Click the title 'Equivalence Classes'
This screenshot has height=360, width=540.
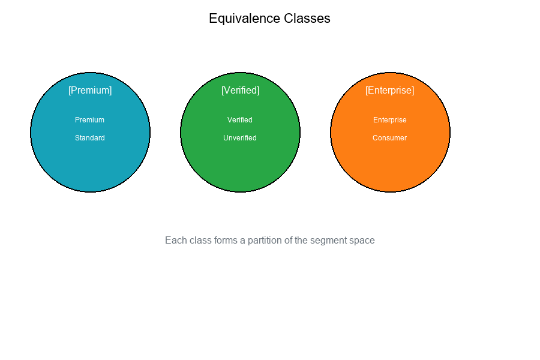pos(269,19)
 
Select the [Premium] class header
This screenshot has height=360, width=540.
pos(90,90)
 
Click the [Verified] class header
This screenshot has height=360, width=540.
pos(240,90)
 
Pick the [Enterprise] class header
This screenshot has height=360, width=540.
pos(390,90)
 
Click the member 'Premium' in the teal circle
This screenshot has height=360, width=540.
pos(89,120)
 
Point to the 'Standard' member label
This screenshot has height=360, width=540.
pos(90,138)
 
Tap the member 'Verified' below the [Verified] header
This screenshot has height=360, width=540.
pos(240,120)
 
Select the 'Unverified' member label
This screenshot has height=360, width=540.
pos(240,138)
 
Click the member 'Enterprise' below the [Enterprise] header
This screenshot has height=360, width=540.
pos(390,120)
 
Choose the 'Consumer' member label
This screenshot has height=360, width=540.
pos(390,138)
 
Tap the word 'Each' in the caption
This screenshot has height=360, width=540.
pos(175,240)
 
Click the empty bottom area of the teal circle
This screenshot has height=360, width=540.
pos(90,171)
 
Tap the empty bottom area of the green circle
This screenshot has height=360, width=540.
pos(240,171)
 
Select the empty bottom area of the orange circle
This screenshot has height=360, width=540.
pos(390,171)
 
